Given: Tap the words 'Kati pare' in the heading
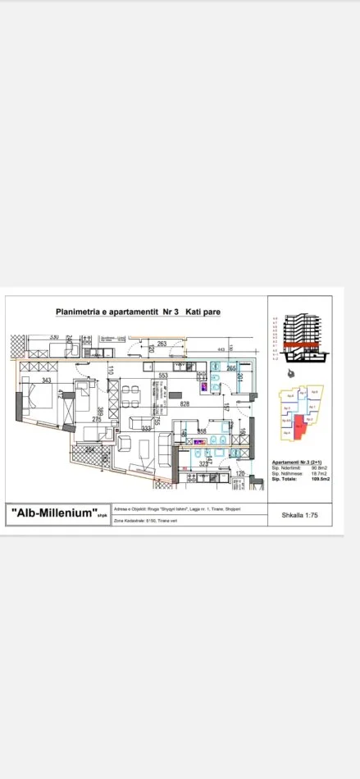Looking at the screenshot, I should point(203,312).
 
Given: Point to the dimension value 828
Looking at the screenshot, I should point(185,404).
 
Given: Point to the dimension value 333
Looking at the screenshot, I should point(146,428).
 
